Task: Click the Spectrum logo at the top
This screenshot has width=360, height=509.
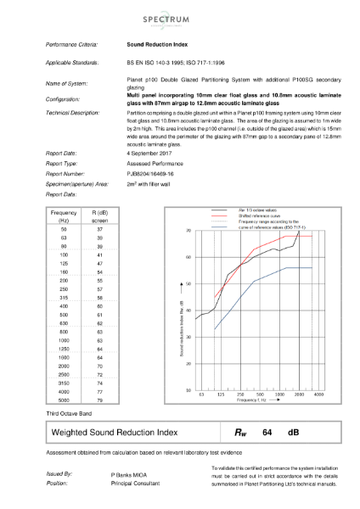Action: click(180, 16)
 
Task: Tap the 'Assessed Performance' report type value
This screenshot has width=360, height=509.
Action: click(151, 163)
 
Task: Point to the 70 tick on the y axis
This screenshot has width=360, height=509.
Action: click(188, 230)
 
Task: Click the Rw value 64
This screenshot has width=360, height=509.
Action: click(267, 432)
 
